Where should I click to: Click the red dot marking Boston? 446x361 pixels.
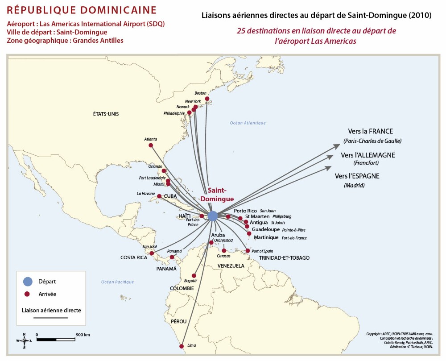[207, 99]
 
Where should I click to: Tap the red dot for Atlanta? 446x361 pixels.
[151, 145]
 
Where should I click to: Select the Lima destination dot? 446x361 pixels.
[182, 346]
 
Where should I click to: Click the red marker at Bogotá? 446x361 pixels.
[194, 276]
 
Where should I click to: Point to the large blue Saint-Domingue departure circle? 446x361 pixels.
[213, 216]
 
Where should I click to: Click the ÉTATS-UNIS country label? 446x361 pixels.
[106, 114]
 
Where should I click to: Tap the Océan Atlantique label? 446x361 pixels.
[248, 123]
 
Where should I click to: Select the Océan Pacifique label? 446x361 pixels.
[117, 282]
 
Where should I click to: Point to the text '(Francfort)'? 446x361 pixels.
[366, 163]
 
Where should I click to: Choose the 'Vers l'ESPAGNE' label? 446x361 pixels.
[357, 176]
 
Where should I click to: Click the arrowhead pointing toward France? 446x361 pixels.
[337, 146]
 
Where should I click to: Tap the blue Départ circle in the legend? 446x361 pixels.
[28, 281]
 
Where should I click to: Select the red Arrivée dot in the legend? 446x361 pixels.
[27, 294]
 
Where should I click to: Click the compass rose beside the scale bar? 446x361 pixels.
[24, 340]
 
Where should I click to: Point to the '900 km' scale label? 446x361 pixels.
[83, 335]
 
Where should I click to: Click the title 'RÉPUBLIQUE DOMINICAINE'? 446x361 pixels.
[82, 10]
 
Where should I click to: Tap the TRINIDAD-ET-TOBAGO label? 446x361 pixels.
[284, 258]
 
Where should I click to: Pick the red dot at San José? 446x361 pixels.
[152, 253]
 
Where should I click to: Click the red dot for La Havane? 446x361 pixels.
[159, 196]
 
